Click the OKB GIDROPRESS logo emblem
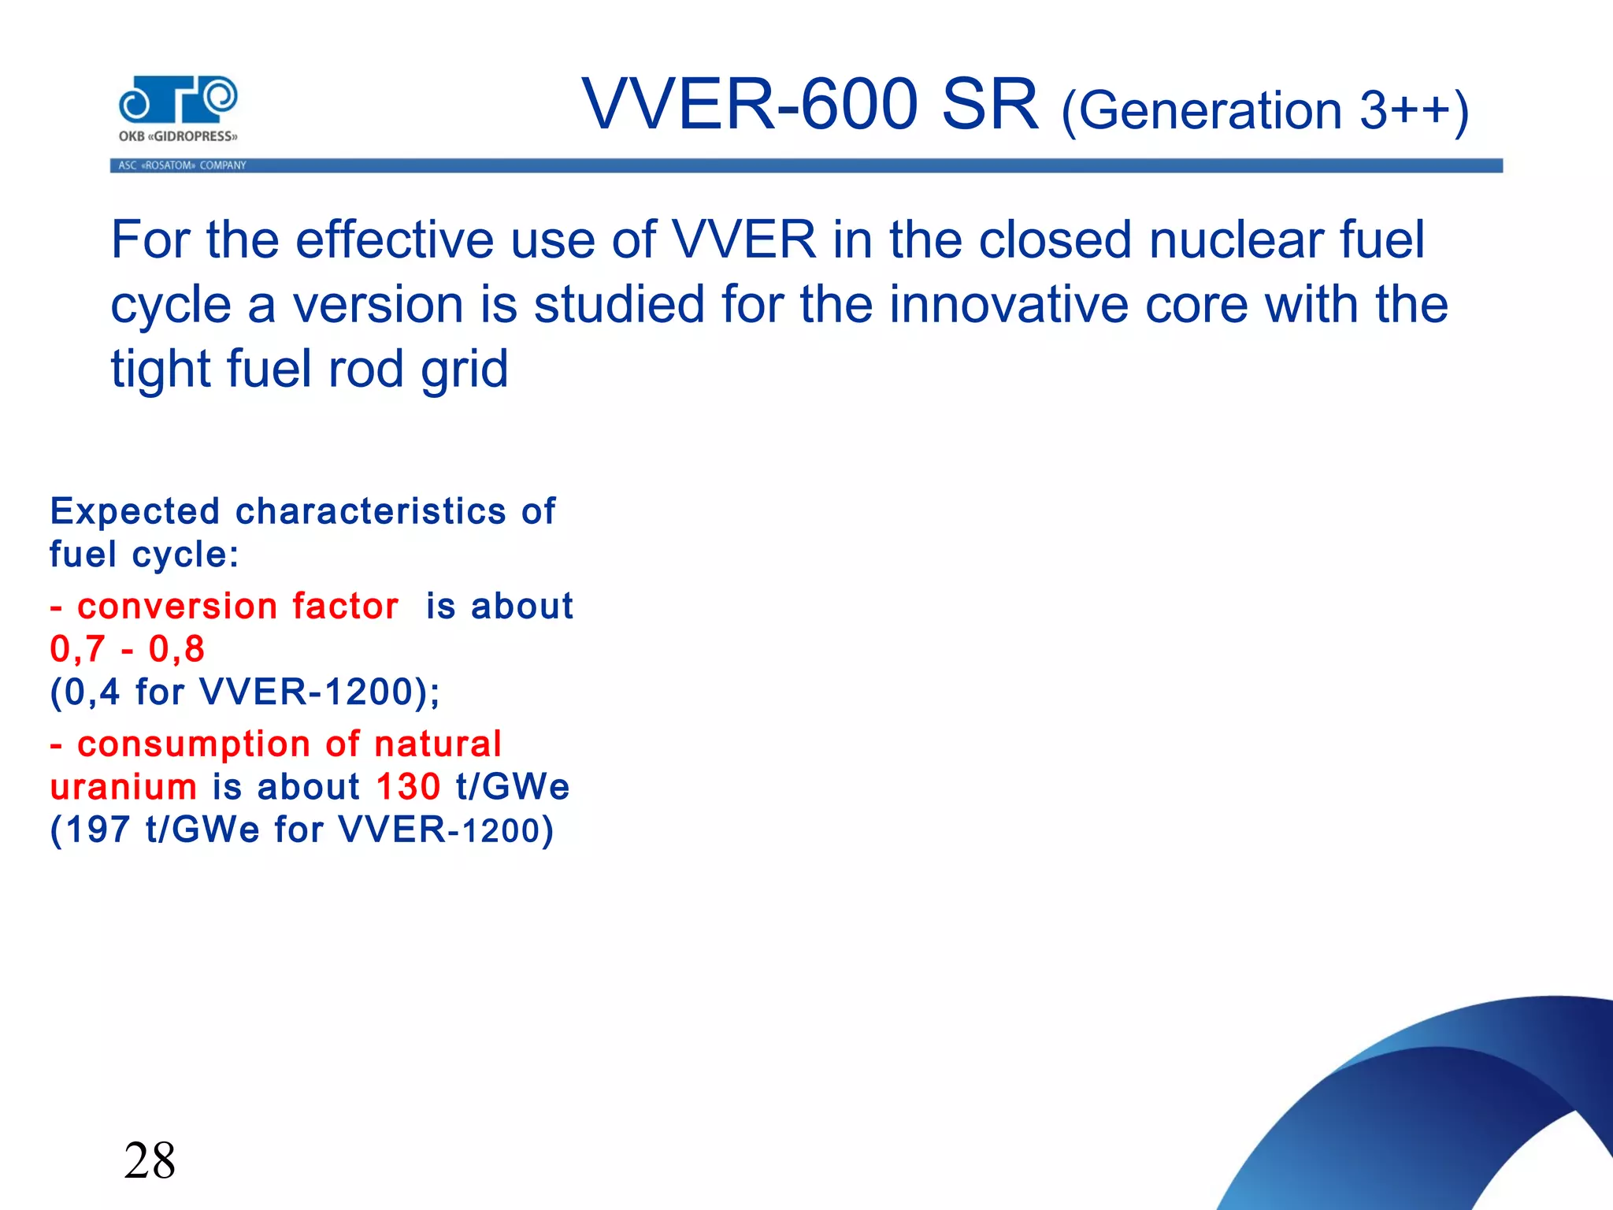pos(178,101)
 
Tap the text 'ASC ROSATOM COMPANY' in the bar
pos(182,165)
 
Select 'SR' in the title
pos(990,105)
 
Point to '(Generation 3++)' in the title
pos(1265,111)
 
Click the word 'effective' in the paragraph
pos(395,239)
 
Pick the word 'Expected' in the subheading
pos(135,512)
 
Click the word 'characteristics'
pos(370,512)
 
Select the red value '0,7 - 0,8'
pos(127,649)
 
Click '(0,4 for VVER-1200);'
pos(245,692)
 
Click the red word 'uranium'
pos(123,787)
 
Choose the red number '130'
pos(408,787)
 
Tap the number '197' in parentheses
pos(98,830)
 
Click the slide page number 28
pos(150,1160)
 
